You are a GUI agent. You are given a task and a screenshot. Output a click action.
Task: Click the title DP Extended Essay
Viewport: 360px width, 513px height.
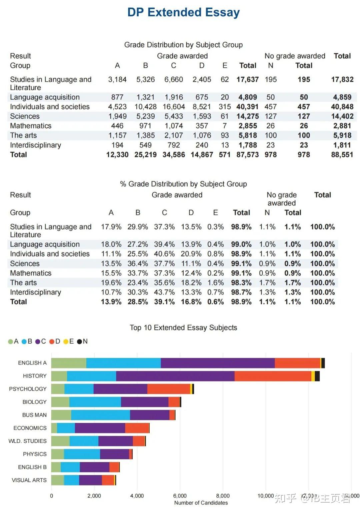point(183,12)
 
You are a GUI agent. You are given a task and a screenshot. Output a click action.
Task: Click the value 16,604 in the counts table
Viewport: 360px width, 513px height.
point(173,107)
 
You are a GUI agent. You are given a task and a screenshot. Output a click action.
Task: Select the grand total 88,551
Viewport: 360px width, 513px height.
point(342,155)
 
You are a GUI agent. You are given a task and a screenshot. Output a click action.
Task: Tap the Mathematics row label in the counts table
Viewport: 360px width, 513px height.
point(31,126)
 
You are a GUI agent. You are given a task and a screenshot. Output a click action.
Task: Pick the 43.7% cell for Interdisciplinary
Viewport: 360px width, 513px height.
point(164,292)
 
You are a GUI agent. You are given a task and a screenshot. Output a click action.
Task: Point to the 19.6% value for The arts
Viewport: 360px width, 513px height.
point(111,283)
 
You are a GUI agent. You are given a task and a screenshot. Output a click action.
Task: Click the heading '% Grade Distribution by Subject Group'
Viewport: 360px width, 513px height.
point(183,184)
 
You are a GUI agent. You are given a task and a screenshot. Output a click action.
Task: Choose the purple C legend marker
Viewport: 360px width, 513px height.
point(38,342)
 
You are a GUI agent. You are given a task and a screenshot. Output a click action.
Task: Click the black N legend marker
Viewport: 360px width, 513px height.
point(80,342)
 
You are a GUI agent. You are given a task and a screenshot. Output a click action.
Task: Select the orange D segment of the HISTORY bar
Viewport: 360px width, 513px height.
point(273,376)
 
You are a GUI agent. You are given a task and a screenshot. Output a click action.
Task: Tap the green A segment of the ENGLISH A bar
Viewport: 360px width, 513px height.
point(69,363)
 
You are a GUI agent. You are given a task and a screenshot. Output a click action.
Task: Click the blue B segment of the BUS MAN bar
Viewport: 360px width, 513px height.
point(100,415)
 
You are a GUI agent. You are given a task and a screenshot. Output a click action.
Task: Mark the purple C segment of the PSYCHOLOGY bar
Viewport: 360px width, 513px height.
point(120,389)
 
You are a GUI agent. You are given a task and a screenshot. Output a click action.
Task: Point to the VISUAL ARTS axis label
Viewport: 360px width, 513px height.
point(29,480)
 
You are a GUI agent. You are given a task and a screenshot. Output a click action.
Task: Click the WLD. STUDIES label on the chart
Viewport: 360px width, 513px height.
point(27,441)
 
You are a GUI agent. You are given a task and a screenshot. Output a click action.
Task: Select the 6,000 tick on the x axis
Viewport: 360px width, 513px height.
point(180,496)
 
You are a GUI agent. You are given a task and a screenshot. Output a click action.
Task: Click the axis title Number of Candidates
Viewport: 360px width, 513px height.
point(201,503)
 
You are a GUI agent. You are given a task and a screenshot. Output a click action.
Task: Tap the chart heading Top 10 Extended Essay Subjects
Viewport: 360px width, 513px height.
point(183,328)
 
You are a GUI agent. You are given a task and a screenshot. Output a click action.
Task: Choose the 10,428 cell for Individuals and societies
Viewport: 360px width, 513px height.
point(145,107)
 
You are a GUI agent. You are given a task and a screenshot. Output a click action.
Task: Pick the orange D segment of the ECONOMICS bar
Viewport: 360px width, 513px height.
point(137,428)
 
